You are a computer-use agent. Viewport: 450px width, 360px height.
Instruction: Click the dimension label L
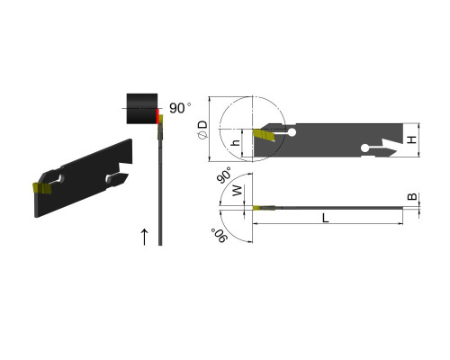click(x=326, y=218)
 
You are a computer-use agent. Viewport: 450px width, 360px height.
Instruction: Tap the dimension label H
click(x=412, y=139)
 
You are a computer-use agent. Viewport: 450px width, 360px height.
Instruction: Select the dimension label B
click(x=412, y=197)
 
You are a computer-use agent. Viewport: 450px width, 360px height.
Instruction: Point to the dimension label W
click(x=237, y=191)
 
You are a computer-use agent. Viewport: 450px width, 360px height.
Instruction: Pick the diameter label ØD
click(x=202, y=130)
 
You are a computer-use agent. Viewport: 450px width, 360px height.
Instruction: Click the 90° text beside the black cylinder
click(x=180, y=108)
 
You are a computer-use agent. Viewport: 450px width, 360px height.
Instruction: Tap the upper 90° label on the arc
click(x=224, y=175)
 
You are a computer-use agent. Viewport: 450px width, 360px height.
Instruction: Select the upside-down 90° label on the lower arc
click(x=220, y=235)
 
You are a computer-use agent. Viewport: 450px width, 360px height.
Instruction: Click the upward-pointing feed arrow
click(x=145, y=237)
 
